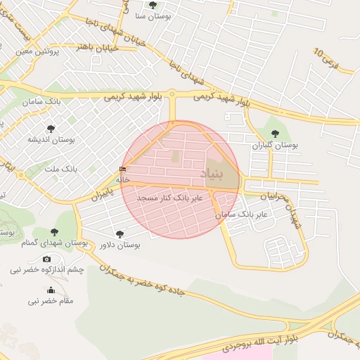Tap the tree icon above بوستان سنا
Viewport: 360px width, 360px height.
point(153,5)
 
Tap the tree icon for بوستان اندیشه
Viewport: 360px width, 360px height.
point(50,128)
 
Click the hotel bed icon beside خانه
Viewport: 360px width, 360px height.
point(124,169)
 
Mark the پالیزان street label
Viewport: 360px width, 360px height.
point(102,193)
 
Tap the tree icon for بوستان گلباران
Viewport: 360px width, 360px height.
point(275,134)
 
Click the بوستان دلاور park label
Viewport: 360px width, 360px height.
point(120,245)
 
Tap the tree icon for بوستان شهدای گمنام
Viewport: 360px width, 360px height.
point(54,233)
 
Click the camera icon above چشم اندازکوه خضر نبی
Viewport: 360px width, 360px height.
point(47,259)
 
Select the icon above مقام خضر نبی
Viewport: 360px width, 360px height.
point(51,290)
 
